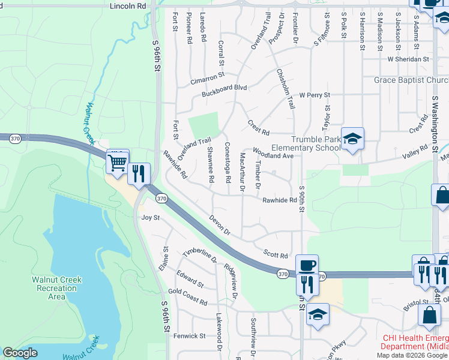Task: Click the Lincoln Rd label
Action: [x=128, y=5]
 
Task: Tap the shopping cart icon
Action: [x=117, y=161]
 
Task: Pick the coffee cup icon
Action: [x=307, y=265]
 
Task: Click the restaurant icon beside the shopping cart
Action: [x=139, y=173]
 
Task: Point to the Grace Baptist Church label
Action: [x=411, y=80]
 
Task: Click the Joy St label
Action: [x=150, y=217]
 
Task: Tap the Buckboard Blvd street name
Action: [x=224, y=88]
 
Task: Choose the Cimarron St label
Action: [x=207, y=77]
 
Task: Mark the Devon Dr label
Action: [x=220, y=224]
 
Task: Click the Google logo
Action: [x=20, y=353]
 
